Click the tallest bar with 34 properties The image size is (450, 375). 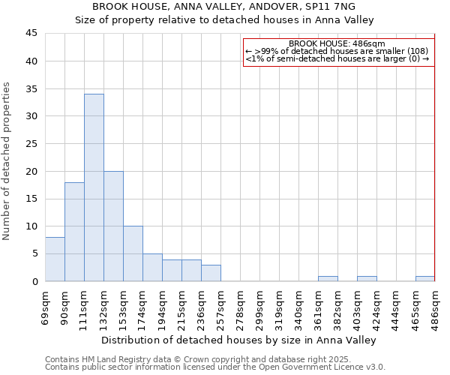click(x=94, y=187)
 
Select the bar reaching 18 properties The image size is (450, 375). click(x=74, y=232)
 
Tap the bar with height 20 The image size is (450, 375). click(x=113, y=226)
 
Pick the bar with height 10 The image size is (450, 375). click(x=133, y=253)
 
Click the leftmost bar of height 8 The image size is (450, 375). click(x=55, y=259)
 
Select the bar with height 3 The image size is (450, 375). click(x=211, y=273)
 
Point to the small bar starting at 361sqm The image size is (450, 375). click(x=328, y=279)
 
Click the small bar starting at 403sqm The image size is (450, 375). click(x=367, y=279)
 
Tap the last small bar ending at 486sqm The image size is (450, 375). click(x=425, y=279)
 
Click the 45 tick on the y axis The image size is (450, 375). click(x=31, y=34)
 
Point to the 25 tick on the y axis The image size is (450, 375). click(x=31, y=144)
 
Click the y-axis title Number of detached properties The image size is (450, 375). click(x=7, y=161)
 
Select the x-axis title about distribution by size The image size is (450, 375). click(x=240, y=340)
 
